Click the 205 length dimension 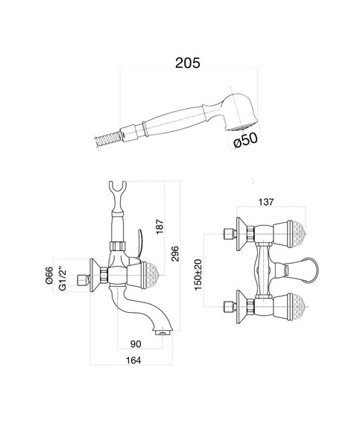coord(187,63)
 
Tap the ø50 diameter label coord(245,140)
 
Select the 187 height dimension coord(160,226)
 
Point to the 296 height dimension coord(174,254)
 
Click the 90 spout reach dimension coord(136,344)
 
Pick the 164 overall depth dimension coord(133,361)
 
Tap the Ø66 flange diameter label coord(49,275)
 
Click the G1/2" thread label coord(63,279)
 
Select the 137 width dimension coord(266,202)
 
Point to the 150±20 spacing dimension coord(198,274)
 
